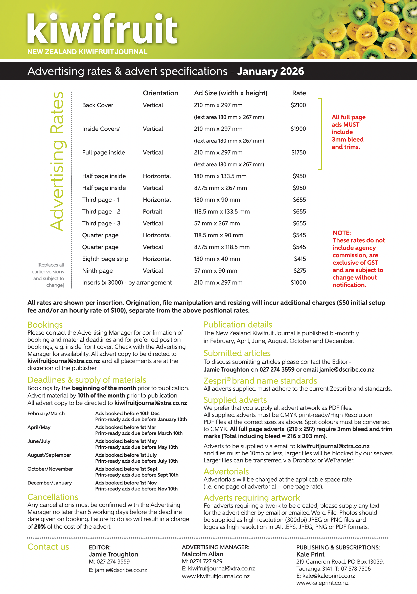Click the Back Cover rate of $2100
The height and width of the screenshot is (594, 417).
coord(298,105)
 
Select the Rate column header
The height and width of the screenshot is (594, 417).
coord(299,93)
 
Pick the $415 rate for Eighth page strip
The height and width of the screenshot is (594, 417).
coord(300,259)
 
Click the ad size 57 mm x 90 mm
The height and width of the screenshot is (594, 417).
coord(215,271)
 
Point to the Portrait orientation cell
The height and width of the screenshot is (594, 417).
coord(152,211)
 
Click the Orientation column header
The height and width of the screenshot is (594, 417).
coord(160,93)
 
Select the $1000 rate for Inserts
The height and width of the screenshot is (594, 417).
coord(298,282)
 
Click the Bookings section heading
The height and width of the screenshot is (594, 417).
coord(45,325)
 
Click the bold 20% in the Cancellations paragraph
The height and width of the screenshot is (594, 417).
coord(40,526)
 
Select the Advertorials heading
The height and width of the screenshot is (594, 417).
coord(226,471)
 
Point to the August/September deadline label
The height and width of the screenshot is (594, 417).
coord(49,455)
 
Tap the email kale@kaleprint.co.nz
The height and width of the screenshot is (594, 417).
coord(328,576)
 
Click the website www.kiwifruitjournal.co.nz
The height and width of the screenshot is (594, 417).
coord(216,576)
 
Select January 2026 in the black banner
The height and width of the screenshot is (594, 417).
coord(270,71)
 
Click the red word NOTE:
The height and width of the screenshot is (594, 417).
coord(341,233)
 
